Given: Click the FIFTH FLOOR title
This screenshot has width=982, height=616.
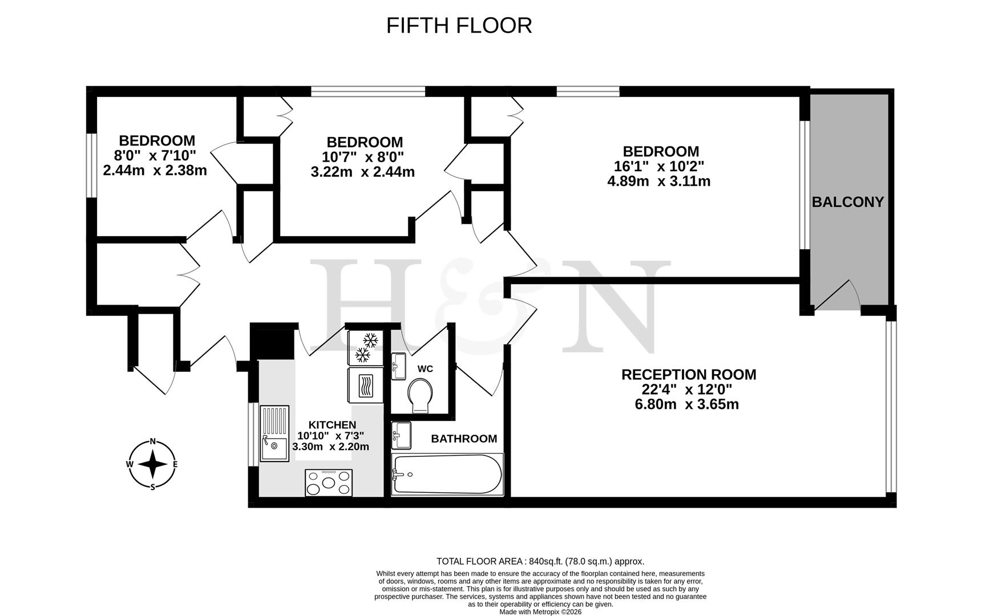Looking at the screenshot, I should (x=459, y=26).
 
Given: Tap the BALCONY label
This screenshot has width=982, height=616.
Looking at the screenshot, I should (x=847, y=202).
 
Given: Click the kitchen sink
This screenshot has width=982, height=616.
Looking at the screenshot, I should (x=274, y=433).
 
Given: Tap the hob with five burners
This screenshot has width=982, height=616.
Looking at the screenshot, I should (x=329, y=483).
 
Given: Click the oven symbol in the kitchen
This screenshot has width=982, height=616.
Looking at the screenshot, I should (x=365, y=385).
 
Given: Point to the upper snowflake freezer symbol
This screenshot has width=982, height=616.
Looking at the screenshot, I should (x=371, y=341).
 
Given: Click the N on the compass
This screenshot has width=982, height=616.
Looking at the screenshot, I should (x=152, y=441).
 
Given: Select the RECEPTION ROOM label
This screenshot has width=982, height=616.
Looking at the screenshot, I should (x=689, y=375).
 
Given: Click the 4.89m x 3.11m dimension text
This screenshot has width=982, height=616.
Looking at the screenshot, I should (x=659, y=182).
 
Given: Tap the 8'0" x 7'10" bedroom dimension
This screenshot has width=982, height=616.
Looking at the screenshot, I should (x=155, y=155).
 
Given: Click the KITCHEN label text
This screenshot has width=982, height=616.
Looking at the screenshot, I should (x=332, y=425).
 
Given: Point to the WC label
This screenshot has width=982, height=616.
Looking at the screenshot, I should (x=425, y=369).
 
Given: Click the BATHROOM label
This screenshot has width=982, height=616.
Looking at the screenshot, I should (x=464, y=439).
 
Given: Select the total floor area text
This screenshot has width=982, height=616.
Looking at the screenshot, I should (x=540, y=561).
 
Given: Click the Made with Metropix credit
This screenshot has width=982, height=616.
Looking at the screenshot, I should (x=540, y=611).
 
